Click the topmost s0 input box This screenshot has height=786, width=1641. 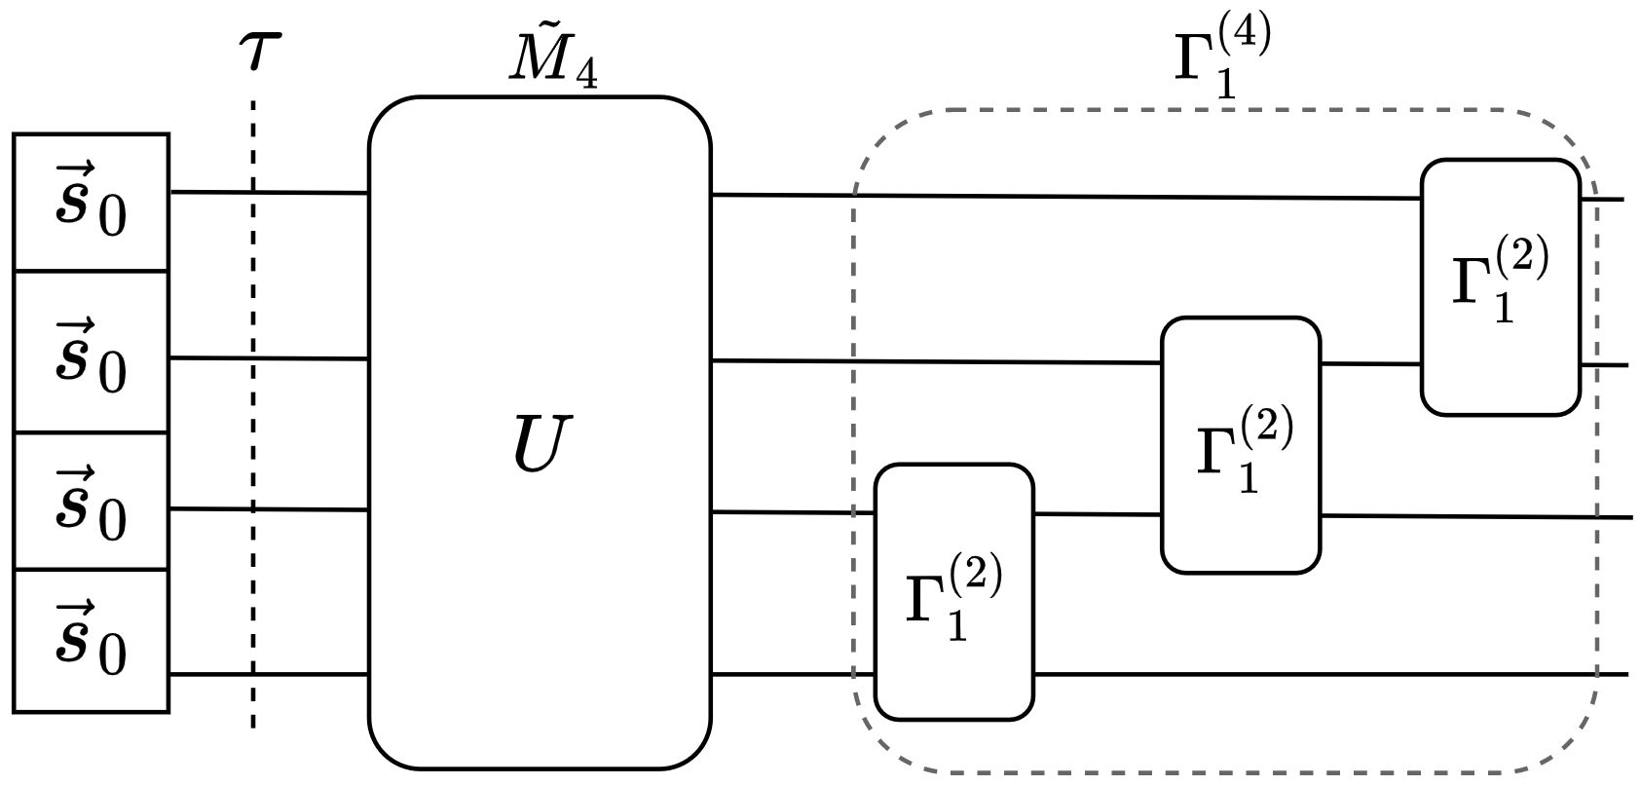(91, 203)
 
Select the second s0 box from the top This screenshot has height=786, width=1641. (91, 352)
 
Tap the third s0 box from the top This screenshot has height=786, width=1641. (91, 501)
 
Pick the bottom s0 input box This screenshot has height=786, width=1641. (91, 640)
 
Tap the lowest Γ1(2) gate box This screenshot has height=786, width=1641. (953, 592)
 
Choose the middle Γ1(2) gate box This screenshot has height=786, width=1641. (1241, 445)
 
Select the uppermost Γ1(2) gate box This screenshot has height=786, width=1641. (1500, 287)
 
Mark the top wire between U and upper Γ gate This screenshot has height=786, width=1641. (1062, 197)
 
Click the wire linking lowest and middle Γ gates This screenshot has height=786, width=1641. (1097, 513)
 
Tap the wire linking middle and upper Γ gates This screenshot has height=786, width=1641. (1370, 364)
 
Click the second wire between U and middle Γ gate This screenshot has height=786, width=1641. (935, 361)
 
